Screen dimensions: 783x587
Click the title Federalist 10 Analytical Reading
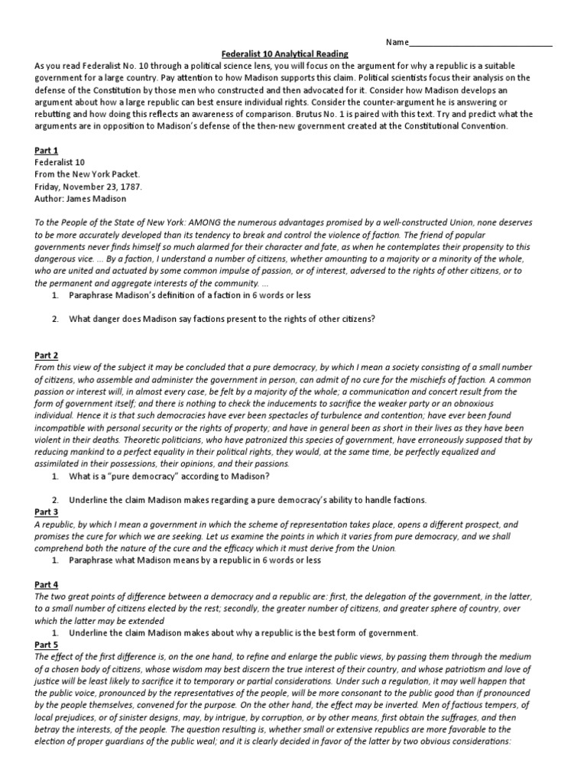coord(284,54)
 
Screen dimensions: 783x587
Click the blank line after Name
coord(481,43)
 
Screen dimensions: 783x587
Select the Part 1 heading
coord(46,151)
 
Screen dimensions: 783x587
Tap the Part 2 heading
coord(46,356)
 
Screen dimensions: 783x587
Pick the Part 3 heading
coord(46,512)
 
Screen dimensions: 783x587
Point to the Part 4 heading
coord(46,584)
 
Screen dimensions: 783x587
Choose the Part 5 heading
coord(46,645)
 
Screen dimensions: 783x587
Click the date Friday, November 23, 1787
coord(88,186)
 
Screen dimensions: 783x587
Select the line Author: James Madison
coord(81,198)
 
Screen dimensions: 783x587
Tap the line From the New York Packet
coord(87,174)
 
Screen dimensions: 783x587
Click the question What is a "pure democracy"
coord(169,476)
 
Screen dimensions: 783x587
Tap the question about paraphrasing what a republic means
coord(195,560)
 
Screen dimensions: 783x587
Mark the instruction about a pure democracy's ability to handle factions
coord(248,500)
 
